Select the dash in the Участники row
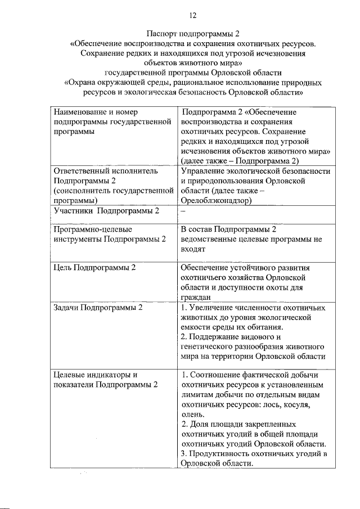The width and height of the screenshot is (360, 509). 183,211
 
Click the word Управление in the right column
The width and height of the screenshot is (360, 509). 204,170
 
